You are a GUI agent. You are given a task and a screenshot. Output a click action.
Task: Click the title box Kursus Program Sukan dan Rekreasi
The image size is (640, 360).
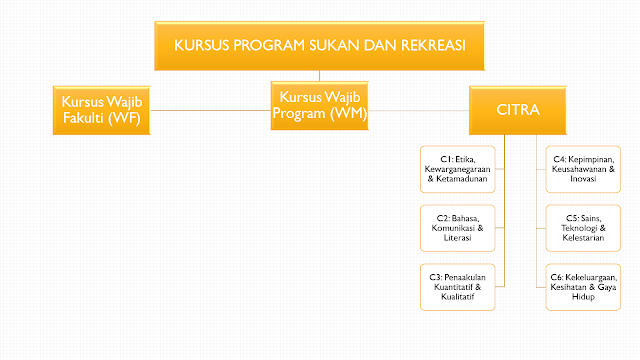pyautogui.click(x=320, y=46)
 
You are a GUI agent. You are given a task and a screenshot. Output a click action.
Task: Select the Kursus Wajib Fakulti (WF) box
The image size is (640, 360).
pyautogui.click(x=102, y=110)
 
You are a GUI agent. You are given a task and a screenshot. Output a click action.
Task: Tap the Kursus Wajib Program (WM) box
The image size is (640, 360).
pyautogui.click(x=320, y=106)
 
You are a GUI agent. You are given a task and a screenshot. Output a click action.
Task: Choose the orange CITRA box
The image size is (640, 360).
pyautogui.click(x=518, y=110)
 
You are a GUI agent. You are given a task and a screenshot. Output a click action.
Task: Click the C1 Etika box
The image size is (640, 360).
pyautogui.click(x=458, y=169)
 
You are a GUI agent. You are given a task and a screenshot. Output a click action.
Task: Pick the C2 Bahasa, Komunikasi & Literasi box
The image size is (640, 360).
pyautogui.click(x=458, y=228)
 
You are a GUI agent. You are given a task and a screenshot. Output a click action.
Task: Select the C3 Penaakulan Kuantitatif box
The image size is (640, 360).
pyautogui.click(x=458, y=287)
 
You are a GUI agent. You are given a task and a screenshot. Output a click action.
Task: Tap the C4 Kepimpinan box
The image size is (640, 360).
pyautogui.click(x=583, y=169)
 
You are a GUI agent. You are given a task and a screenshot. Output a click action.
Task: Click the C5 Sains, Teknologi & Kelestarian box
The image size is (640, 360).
pyautogui.click(x=583, y=228)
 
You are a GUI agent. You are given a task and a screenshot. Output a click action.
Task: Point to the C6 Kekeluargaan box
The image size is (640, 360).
pyautogui.click(x=583, y=287)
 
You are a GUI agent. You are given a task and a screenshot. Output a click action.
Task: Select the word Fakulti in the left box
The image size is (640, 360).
pyautogui.click(x=83, y=118)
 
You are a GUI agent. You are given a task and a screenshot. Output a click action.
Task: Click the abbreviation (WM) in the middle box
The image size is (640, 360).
pyautogui.click(x=348, y=113)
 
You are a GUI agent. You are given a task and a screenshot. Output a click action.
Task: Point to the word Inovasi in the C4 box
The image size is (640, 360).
pyautogui.click(x=583, y=179)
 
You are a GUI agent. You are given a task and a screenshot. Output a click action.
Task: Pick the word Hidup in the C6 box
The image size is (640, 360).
pyautogui.click(x=583, y=297)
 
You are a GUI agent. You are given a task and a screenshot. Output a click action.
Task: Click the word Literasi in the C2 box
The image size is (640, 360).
pyautogui.click(x=458, y=238)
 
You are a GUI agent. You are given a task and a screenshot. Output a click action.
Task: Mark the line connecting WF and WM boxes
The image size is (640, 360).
pyautogui.click(x=211, y=110)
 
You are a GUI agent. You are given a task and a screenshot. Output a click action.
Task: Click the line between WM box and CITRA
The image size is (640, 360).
pyautogui.click(x=419, y=110)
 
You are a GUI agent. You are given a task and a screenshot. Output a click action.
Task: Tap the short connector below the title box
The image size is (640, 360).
pyautogui.click(x=320, y=76)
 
